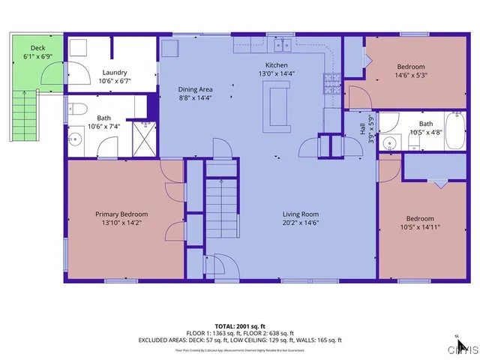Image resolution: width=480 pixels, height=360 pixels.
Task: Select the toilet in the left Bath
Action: point(76,110)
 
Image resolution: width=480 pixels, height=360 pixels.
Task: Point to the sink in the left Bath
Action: point(75,139)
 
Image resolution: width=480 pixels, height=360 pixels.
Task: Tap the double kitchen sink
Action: point(283,46)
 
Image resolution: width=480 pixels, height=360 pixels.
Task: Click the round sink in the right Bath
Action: point(388,143)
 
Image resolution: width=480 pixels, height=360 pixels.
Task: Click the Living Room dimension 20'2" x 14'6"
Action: point(301,223)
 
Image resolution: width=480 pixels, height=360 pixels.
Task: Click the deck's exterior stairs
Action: point(25,113)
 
